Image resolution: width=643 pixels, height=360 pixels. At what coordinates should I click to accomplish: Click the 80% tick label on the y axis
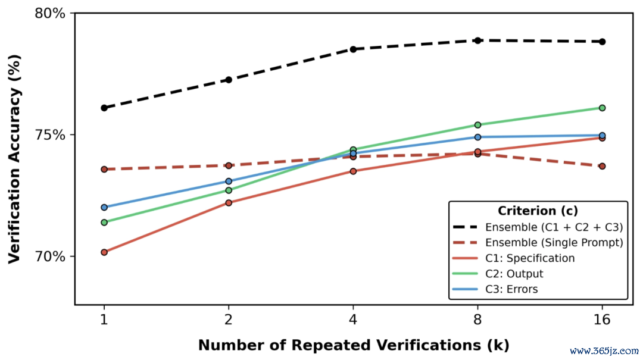(49, 13)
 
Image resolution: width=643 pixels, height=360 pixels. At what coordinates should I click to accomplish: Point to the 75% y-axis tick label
(49, 135)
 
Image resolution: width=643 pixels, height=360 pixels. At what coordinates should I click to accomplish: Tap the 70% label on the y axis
(49, 256)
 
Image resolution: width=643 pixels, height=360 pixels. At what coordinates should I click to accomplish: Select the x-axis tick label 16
(602, 320)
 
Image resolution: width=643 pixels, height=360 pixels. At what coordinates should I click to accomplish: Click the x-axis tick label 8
(477, 320)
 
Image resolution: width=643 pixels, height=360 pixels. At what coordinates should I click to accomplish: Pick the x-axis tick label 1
(104, 320)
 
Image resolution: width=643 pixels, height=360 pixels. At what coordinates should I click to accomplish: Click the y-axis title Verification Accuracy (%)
(15, 159)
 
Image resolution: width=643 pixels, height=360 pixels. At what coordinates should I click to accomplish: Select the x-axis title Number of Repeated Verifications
(340, 345)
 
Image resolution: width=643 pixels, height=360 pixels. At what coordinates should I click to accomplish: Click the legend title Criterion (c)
(538, 211)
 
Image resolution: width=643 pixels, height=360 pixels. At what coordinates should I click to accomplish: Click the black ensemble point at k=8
(477, 40)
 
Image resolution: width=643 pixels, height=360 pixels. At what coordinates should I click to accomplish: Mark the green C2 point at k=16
(602, 108)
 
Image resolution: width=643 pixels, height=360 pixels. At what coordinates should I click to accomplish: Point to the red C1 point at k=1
(104, 252)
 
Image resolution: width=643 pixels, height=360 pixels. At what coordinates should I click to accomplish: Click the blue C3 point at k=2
(229, 181)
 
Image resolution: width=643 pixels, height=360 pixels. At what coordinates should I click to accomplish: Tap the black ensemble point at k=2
(229, 80)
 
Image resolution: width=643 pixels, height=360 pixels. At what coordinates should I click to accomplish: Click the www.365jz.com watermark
(604, 351)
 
